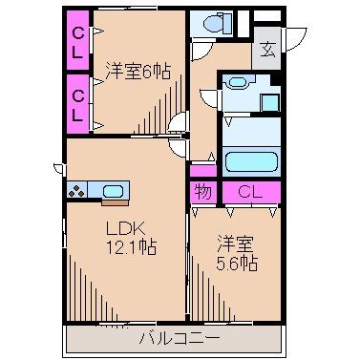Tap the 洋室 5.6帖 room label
(235, 251)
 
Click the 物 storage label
(203, 191)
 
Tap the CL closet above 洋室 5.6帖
(250, 191)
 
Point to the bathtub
(250, 159)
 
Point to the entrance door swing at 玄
(290, 43)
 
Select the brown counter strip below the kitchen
(114, 202)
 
